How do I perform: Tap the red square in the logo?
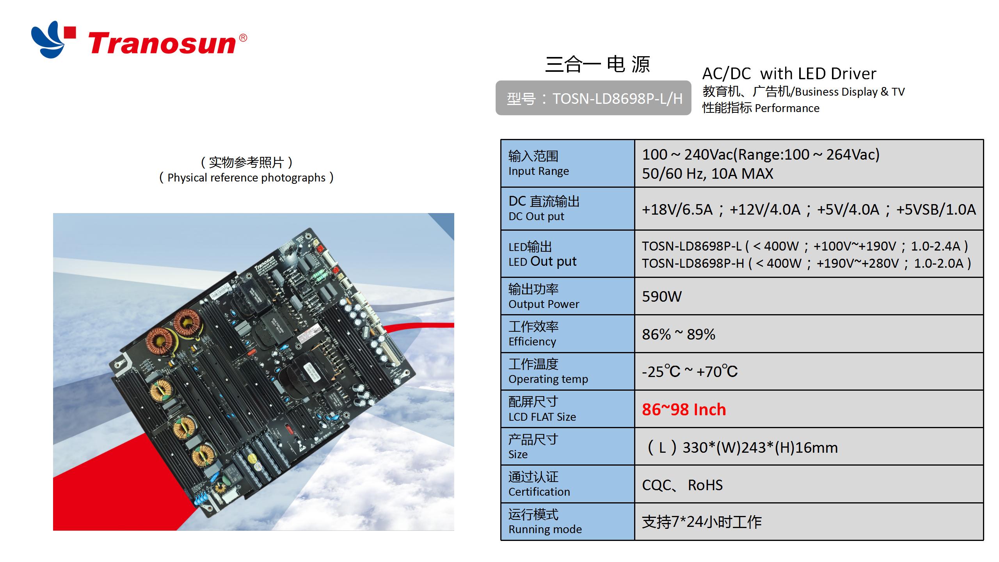70,32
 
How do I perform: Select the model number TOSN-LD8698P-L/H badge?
593,98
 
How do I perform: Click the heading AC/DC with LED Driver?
789,73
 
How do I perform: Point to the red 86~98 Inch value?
684,409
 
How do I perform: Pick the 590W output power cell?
662,297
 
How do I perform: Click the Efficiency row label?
532,341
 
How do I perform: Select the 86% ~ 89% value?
678,334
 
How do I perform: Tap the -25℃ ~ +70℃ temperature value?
690,372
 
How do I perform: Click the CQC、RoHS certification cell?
682,485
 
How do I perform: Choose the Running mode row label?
545,529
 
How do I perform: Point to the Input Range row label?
539,171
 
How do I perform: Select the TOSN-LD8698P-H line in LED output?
806,263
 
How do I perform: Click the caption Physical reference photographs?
246,178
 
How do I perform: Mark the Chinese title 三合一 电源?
597,64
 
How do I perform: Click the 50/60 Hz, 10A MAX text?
707,174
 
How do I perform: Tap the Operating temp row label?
548,379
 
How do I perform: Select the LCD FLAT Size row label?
542,417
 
